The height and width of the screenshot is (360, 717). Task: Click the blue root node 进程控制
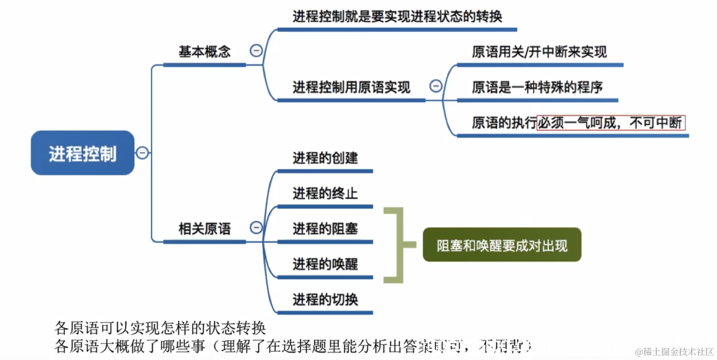83,153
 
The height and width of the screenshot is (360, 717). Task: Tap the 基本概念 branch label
204,52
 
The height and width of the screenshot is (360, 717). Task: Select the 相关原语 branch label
204,229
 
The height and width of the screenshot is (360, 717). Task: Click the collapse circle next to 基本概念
256,50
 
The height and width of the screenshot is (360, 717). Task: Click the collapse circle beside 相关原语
256,227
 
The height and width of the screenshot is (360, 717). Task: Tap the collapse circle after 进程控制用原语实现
436,86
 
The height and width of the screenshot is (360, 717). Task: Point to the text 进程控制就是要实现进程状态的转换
397,17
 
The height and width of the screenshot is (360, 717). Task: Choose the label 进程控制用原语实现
351,88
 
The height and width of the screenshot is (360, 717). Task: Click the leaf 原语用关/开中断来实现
539,52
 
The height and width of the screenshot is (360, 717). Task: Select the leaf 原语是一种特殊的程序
537,88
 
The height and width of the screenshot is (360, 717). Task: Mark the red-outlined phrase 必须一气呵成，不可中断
611,123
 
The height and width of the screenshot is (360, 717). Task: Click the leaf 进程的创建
325,158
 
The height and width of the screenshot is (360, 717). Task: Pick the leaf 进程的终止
325,193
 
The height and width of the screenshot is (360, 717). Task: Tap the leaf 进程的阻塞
325,229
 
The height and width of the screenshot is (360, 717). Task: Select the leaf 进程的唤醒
325,264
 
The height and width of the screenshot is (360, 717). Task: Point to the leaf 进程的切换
325,299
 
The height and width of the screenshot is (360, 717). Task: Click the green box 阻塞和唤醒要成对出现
502,245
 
